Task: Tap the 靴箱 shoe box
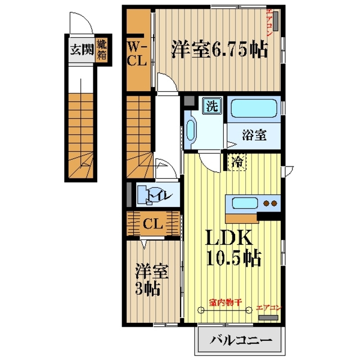click(102, 49)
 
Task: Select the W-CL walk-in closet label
click(137, 54)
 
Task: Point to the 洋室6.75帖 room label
click(219, 49)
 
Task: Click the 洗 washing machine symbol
click(211, 106)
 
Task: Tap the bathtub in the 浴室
click(254, 109)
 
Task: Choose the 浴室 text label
click(254, 135)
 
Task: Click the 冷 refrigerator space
click(237, 162)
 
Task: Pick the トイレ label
click(160, 195)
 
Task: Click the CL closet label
click(152, 223)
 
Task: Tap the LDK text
click(230, 237)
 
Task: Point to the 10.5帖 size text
click(234, 258)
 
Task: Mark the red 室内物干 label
click(226, 303)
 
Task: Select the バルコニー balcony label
click(241, 340)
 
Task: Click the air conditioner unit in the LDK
click(268, 317)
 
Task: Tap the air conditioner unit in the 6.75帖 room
click(276, 21)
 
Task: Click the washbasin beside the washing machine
click(191, 130)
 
